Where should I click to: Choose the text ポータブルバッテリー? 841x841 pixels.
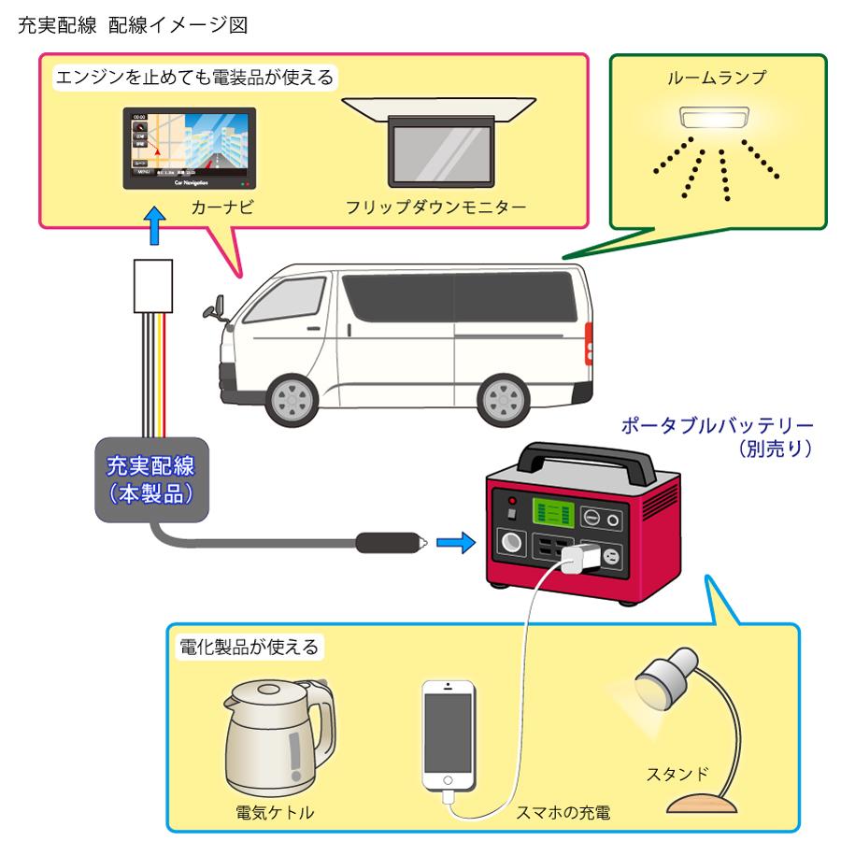click(x=718, y=429)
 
